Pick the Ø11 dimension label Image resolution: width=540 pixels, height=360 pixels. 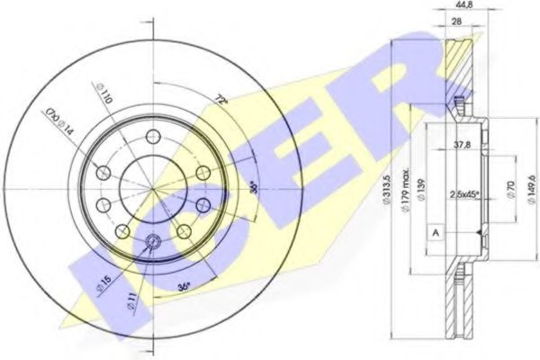pyautogui.click(x=132, y=299)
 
